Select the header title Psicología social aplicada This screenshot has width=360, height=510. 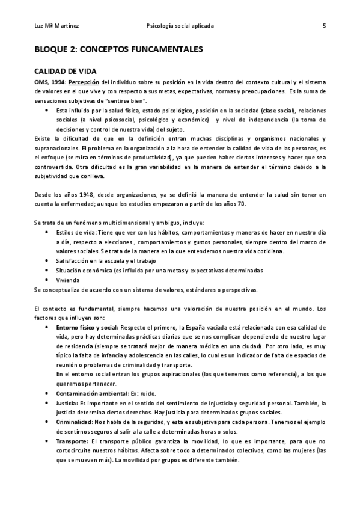pos(180,26)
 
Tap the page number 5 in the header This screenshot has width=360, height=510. pos(324,26)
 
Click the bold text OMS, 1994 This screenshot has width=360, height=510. pos(49,82)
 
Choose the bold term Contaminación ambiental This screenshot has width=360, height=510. pos(92,393)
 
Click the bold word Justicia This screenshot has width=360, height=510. pos(66,402)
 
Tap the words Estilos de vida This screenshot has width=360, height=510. pos(77,232)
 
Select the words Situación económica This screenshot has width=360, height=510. pos(88,270)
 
